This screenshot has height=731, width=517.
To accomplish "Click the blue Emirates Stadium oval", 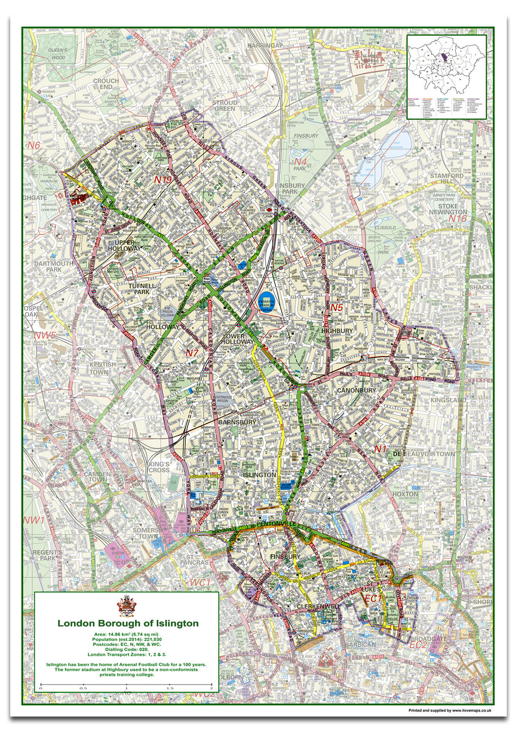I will coord(268,303).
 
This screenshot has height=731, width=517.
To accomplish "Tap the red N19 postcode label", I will coord(162,180).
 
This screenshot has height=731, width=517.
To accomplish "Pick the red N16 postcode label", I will coord(457,219).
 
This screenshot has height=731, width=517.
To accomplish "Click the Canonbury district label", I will coord(356,390).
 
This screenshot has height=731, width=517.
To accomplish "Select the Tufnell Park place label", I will coord(138,289).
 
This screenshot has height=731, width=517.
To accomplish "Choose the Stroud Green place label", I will coord(225,105).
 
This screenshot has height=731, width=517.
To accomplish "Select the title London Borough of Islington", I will coord(127,623).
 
